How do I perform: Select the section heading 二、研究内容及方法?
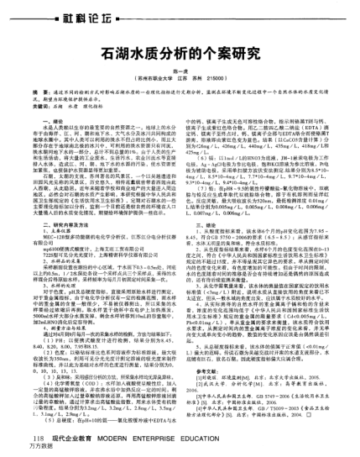pyautogui.click(x=80, y=225)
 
